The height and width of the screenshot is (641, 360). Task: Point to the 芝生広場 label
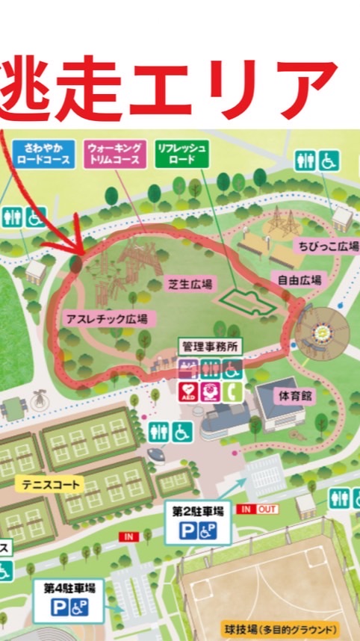189,283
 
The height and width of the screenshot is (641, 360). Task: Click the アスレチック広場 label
105,319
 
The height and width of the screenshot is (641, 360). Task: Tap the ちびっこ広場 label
329,244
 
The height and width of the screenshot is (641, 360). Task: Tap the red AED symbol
189,390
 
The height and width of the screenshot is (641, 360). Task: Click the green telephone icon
232,390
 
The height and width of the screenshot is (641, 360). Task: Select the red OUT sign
267,509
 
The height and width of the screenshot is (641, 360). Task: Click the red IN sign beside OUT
246,509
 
